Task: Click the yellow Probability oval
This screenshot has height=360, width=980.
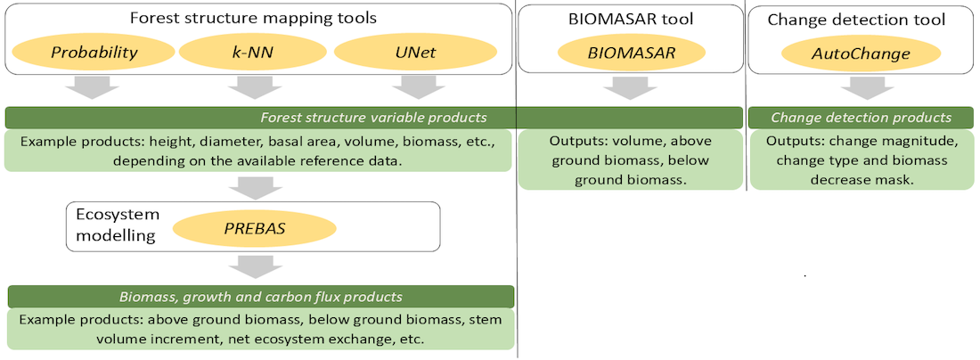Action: tap(94, 52)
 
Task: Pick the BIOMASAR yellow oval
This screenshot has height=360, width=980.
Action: tap(632, 53)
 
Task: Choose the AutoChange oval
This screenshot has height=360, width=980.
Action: tap(861, 53)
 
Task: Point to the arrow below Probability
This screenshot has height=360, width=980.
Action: tap(94, 87)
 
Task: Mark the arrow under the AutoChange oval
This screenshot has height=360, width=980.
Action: tap(861, 89)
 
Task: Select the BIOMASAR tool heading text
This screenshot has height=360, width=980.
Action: tap(632, 18)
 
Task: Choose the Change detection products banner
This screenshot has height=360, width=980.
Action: tap(861, 118)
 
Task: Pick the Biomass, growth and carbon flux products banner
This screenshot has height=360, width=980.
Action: tap(261, 297)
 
